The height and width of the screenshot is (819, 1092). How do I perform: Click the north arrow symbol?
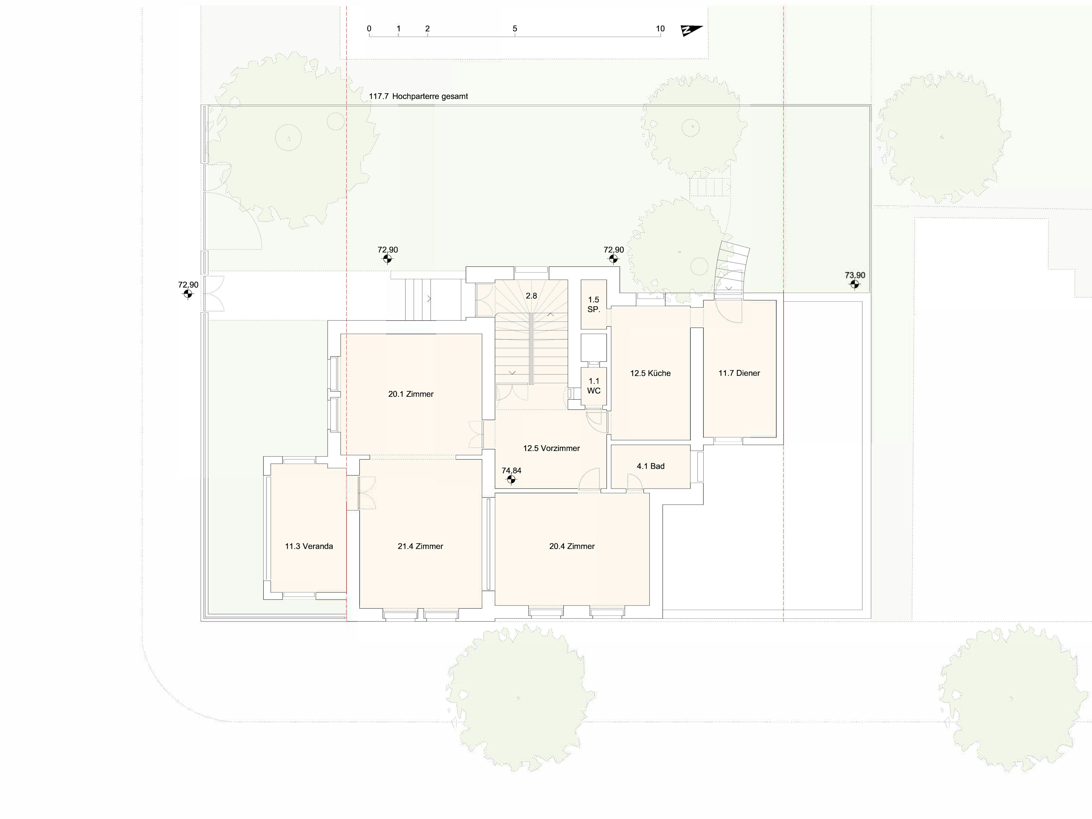pos(691,31)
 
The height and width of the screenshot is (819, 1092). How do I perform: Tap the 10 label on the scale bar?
pos(660,29)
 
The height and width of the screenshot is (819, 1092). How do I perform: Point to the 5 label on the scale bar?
pos(515,29)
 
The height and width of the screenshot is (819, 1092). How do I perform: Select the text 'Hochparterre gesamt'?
pos(430,96)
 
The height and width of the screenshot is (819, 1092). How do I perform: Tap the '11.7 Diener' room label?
pos(739,373)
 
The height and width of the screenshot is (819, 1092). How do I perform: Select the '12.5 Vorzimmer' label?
pos(551,448)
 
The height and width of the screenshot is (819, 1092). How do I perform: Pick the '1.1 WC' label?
pos(593,386)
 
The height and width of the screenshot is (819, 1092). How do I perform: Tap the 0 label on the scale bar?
pos(369,29)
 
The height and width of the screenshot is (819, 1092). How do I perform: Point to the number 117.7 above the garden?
pos(379,96)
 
